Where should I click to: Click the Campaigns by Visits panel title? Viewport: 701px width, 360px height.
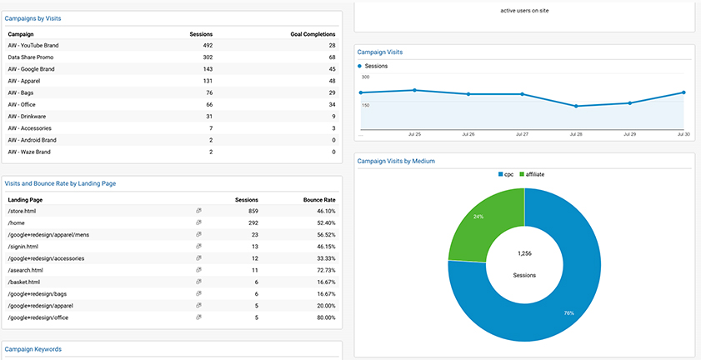(x=33, y=19)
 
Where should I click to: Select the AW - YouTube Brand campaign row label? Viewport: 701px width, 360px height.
(x=33, y=45)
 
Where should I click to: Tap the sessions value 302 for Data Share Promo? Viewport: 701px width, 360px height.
(x=208, y=57)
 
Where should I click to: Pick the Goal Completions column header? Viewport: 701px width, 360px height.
(x=313, y=34)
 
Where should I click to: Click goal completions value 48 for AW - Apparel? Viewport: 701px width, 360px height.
(x=333, y=81)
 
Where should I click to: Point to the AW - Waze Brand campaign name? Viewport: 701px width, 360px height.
(x=29, y=152)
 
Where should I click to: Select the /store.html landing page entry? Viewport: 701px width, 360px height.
(x=22, y=211)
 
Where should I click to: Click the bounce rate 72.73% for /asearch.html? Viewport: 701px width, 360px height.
(x=325, y=271)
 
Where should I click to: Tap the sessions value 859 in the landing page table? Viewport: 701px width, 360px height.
(x=253, y=211)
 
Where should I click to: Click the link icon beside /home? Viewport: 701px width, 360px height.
(x=199, y=222)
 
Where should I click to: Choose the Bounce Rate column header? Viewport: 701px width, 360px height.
(x=319, y=200)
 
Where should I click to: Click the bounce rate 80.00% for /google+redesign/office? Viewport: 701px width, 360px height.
(x=325, y=318)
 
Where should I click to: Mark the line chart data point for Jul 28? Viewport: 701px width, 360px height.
(x=576, y=106)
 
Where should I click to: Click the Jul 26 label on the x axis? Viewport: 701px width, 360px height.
(x=468, y=134)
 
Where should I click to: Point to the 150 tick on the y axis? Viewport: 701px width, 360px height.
(x=366, y=106)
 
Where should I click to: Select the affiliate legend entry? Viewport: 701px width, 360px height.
(x=532, y=174)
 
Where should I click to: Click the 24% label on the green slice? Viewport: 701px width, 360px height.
(x=478, y=217)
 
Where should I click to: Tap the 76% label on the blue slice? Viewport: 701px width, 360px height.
(x=568, y=313)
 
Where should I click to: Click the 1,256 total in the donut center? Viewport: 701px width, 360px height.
(x=524, y=253)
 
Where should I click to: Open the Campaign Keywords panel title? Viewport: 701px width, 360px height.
(x=33, y=349)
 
